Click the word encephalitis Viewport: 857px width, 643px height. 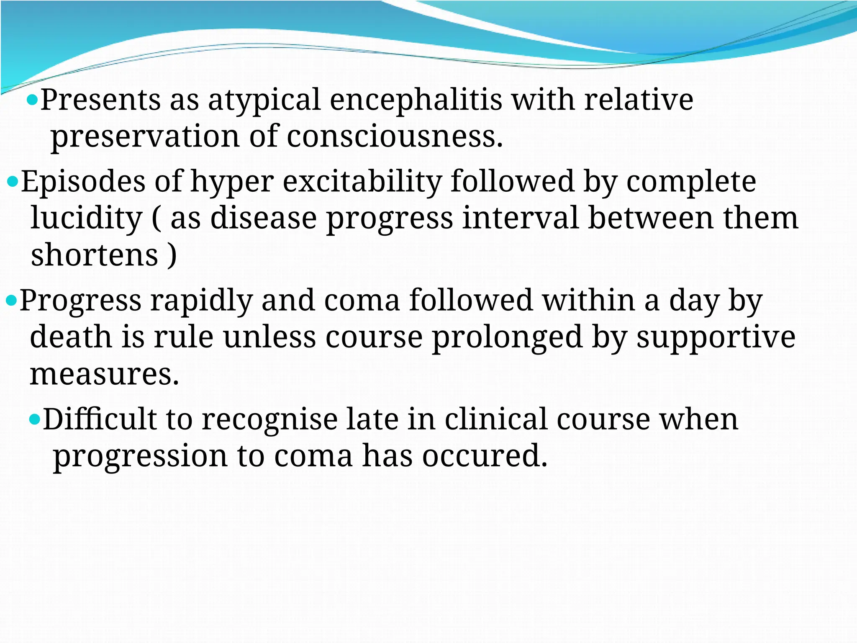(416, 100)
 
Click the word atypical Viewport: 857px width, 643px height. (264, 100)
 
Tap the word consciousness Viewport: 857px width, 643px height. (394, 137)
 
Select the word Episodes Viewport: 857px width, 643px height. (83, 182)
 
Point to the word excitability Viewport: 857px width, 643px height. (362, 182)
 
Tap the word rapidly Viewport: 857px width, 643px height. (201, 301)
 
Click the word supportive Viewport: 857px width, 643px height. (716, 337)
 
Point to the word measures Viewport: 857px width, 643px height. (104, 374)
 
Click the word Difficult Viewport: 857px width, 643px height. (100, 419)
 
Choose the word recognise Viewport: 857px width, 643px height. (269, 419)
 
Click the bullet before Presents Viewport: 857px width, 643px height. (32, 100)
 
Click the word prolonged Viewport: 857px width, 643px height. (507, 337)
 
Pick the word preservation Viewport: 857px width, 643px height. (145, 137)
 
